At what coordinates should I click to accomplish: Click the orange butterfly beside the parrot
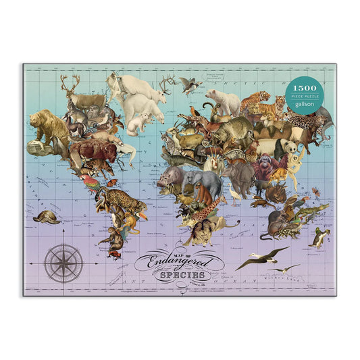(112, 181)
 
